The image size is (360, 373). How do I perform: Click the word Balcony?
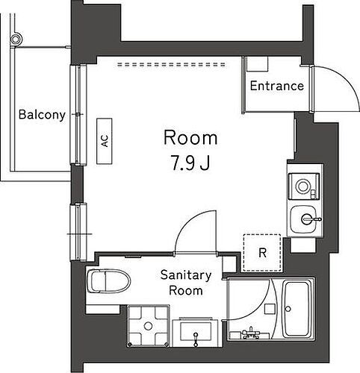coord(42,115)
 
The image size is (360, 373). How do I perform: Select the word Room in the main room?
coord(190,138)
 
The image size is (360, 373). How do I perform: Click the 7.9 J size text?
coord(190,162)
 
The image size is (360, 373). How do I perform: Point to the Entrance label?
coord(276,86)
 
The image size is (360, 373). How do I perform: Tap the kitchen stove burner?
coord(303,183)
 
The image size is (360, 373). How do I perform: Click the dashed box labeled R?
coord(262,252)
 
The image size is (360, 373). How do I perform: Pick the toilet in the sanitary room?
coord(109,281)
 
